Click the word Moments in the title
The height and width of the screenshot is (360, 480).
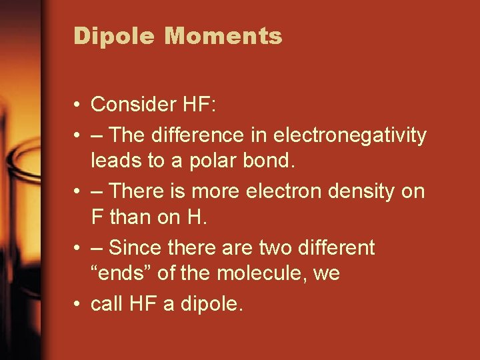coord(223,36)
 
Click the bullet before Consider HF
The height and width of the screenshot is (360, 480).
coord(78,105)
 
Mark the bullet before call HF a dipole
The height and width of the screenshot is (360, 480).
coord(78,305)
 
